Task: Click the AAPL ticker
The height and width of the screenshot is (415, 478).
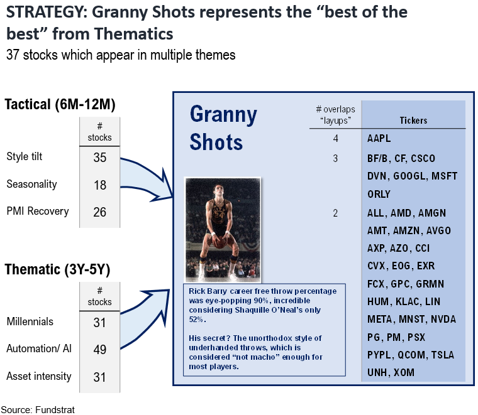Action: tap(379, 138)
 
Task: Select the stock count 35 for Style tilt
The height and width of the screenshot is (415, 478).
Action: tap(99, 158)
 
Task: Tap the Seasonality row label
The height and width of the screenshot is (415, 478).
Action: tap(31, 184)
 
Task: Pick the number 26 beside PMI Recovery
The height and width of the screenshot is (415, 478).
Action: tap(99, 212)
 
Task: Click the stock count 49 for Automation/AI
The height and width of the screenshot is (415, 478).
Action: tap(99, 349)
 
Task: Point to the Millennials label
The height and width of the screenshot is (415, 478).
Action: tap(30, 321)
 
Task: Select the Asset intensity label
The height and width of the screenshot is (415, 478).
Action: tap(39, 376)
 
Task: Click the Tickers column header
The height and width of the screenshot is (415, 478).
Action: tap(413, 121)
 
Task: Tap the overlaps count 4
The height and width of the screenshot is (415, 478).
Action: tap(336, 138)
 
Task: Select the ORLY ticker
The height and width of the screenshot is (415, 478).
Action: tap(379, 194)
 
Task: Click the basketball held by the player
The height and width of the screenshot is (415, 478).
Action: tap(220, 242)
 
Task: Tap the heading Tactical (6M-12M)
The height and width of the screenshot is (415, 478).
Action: tap(60, 105)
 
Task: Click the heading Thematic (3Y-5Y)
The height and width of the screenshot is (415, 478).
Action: tap(57, 269)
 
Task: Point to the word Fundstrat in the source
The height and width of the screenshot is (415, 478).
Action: tap(55, 410)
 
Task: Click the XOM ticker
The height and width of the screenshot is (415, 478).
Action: tap(404, 372)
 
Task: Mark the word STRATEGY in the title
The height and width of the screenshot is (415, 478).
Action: tap(45, 13)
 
